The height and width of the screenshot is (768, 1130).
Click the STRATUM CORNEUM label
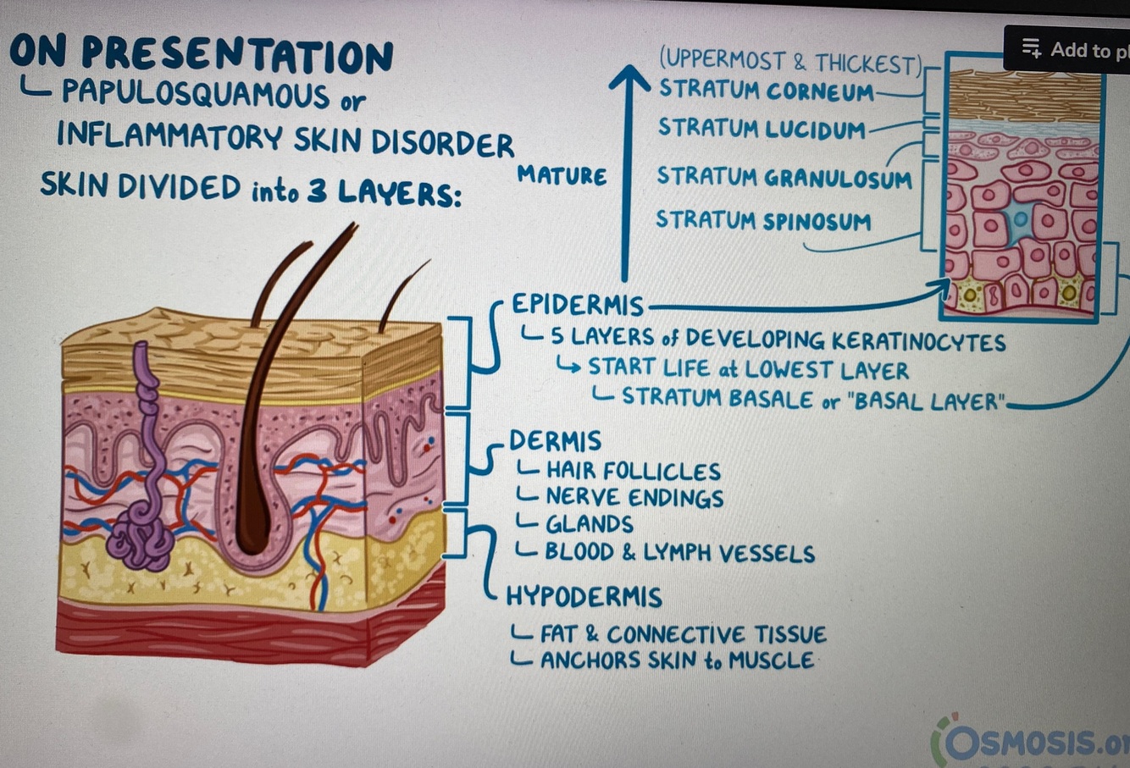coord(766,90)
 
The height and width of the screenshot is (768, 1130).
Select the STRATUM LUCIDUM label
coord(762,129)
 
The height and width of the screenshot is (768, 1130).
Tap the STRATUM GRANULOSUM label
coord(784,178)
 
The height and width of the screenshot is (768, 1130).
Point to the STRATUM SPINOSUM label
coord(762,221)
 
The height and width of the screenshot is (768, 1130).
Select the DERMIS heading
coord(555,441)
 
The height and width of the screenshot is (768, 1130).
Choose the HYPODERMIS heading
coord(584,597)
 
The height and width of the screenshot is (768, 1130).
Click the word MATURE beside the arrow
coord(562,176)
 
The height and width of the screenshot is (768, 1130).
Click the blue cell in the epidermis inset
coord(1019,221)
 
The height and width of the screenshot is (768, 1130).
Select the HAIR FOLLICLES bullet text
coord(632,471)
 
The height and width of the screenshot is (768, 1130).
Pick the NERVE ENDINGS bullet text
coord(634,498)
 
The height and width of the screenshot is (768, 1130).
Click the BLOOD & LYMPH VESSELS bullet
coord(679,553)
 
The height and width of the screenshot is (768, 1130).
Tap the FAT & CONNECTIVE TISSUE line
coord(683,634)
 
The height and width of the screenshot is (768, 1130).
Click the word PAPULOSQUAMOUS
coord(195,93)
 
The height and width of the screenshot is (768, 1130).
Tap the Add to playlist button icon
coord(1031,48)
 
